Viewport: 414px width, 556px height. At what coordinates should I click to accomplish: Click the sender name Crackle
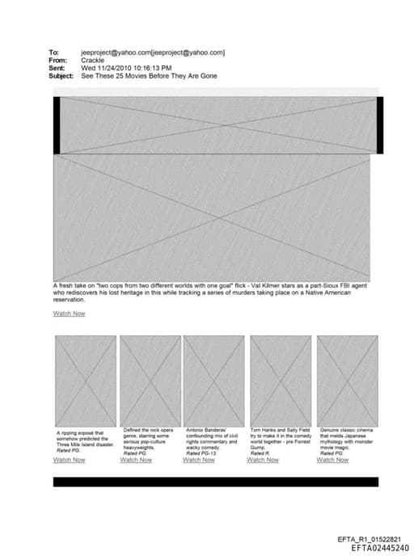coord(95,60)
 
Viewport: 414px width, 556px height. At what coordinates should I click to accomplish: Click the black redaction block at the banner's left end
coord(57,124)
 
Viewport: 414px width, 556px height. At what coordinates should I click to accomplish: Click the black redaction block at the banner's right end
coord(379,124)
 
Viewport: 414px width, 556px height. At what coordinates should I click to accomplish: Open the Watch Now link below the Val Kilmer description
coord(69,314)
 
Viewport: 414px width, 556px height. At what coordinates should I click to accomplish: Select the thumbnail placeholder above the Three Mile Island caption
coord(86,379)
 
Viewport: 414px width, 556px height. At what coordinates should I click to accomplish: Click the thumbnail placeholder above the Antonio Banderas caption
coord(213,379)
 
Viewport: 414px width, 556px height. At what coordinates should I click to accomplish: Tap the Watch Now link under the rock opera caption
coord(135,460)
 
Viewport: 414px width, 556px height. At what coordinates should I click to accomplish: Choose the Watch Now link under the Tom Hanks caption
coord(262,460)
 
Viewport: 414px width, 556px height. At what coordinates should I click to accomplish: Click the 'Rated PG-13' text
coord(201,453)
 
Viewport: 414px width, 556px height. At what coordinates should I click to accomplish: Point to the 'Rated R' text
coord(260,453)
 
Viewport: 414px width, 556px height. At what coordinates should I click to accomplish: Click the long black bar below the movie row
coord(215,482)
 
